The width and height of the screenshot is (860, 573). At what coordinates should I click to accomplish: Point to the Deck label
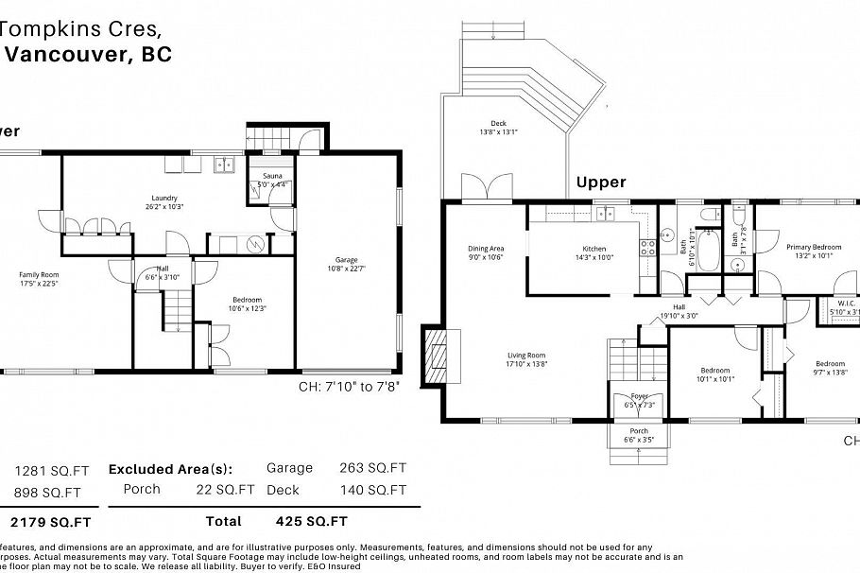click(x=498, y=123)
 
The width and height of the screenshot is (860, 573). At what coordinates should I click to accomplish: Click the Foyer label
click(x=639, y=397)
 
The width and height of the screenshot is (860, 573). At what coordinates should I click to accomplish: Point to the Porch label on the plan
click(x=639, y=431)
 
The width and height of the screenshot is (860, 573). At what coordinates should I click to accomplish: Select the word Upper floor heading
click(x=601, y=182)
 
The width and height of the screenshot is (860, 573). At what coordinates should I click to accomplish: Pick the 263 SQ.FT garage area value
click(x=372, y=467)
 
